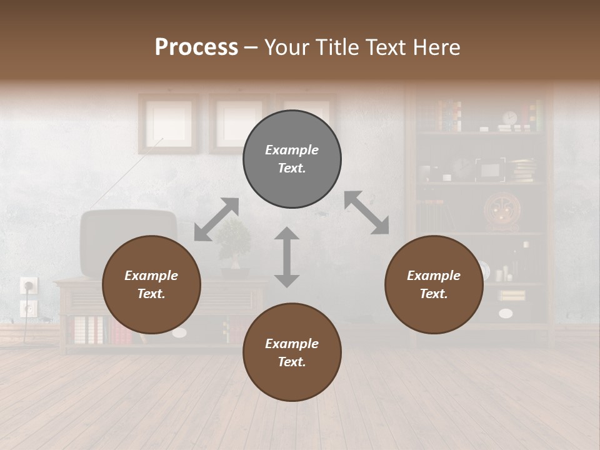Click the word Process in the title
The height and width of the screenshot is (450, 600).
coord(196,47)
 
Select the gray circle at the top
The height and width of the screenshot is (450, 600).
coord(292,159)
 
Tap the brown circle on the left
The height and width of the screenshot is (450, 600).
coord(151,284)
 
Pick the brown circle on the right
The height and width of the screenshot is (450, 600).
coord(434,284)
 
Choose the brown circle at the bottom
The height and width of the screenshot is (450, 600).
coord(292,352)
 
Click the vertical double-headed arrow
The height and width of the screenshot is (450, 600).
coord(287,257)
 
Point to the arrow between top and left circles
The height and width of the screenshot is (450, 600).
coord(216,219)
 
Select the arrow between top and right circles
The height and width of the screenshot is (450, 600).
coord(367,212)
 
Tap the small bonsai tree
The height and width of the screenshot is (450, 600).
coord(234,244)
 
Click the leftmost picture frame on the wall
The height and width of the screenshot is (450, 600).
coord(168,122)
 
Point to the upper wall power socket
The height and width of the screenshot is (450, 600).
coord(29,285)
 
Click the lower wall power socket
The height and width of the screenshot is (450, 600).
coord(28,307)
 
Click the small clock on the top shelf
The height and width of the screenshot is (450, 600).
coord(510,117)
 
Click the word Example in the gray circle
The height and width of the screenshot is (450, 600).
coord(292,150)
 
